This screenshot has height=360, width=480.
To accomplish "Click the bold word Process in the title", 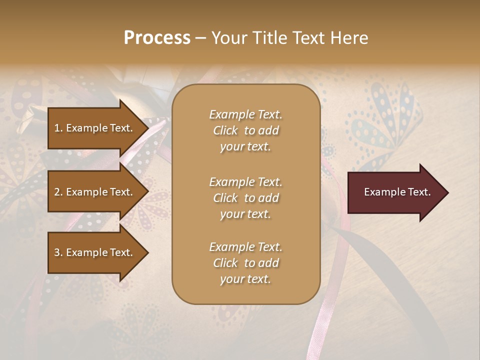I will [x=157, y=38].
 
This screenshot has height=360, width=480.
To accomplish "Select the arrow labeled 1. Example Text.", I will [x=95, y=128].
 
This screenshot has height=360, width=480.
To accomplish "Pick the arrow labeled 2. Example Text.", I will [x=95, y=192].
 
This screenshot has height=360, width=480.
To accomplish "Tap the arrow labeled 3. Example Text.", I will [x=95, y=252].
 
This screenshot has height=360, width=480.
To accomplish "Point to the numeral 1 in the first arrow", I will [x=57, y=128].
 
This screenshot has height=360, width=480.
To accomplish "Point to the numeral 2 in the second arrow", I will [x=57, y=192].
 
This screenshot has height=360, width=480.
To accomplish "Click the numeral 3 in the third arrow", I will [x=57, y=252].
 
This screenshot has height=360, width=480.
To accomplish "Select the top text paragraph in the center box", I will [x=245, y=130].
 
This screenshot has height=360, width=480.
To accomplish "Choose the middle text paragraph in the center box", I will [x=245, y=198].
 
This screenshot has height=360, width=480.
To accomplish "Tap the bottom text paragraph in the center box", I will [x=245, y=263].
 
